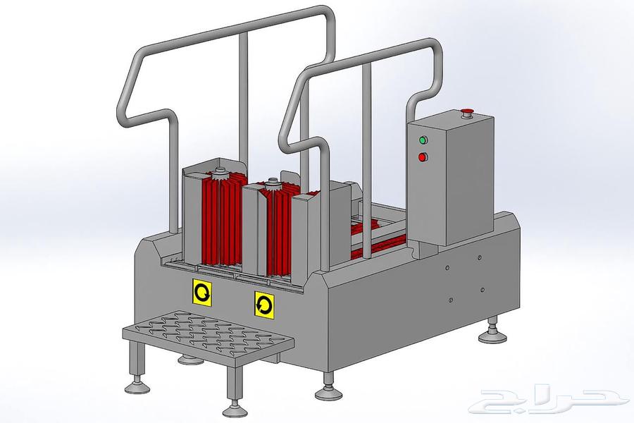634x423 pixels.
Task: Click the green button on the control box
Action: coord(423,140)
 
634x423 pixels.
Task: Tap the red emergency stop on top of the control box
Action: coord(468,112)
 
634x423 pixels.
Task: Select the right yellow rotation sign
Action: coord(264,305)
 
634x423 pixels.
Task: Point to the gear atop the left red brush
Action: coord(220,173)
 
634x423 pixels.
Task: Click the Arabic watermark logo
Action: coord(546,403)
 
